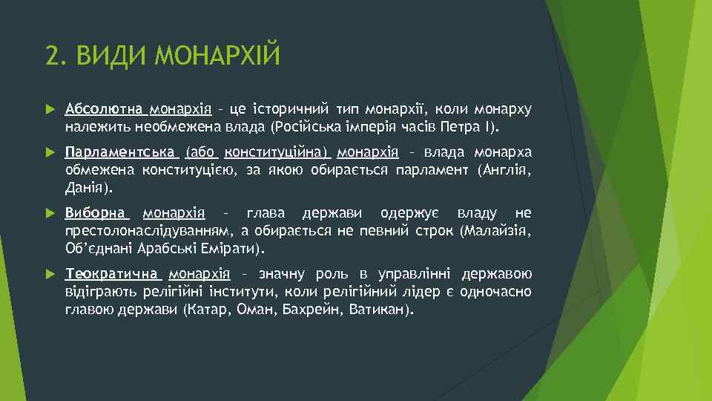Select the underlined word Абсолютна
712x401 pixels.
click(105, 110)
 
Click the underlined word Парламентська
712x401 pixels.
click(120, 153)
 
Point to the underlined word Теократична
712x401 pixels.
click(111, 273)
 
